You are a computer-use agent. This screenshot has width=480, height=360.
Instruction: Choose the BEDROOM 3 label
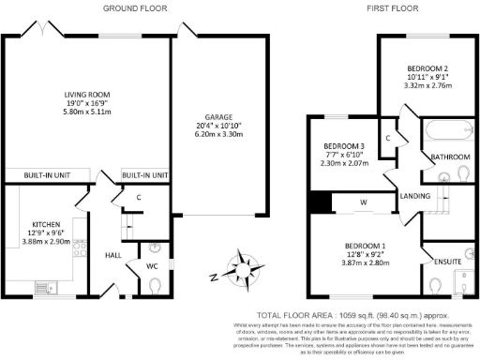point(344,147)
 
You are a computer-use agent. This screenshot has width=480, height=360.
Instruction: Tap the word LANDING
point(414,195)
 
